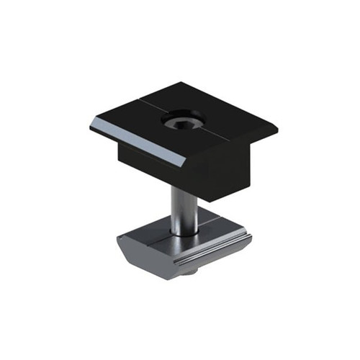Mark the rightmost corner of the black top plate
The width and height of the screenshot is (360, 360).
[279, 127]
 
